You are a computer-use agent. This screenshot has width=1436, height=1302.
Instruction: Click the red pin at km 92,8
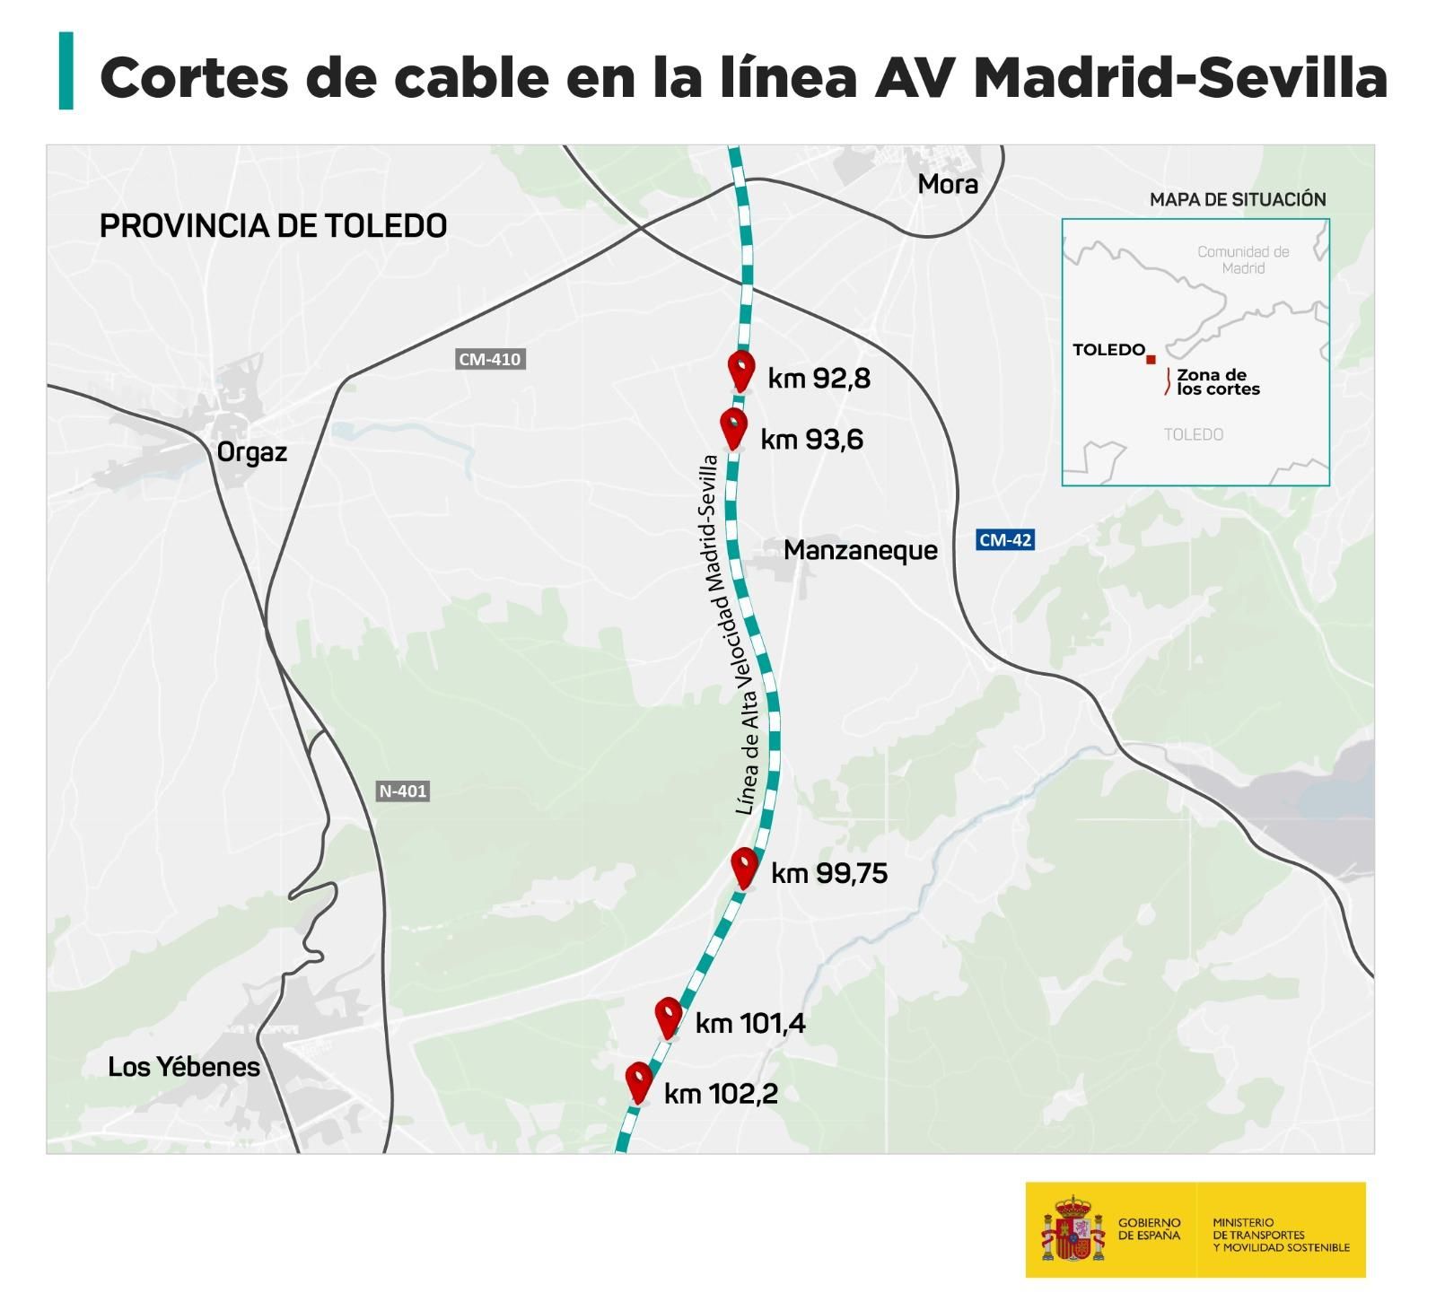pos(740,368)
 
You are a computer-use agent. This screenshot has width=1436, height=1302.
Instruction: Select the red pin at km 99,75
pos(744,865)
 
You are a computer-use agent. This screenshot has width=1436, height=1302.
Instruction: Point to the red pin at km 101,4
pos(668,1015)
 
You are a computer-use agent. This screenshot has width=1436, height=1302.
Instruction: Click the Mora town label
pos(948,185)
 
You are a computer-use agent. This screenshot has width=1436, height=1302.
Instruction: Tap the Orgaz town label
pos(252,451)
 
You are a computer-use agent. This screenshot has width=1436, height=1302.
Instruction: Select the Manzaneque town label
pos(860,550)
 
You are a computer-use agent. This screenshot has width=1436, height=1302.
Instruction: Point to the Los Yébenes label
pos(184,1067)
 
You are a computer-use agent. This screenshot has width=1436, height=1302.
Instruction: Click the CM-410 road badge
pos(489,359)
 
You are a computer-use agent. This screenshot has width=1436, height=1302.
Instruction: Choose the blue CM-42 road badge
pos(1005,540)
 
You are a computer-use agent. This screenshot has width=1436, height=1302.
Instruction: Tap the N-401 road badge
pos(402,791)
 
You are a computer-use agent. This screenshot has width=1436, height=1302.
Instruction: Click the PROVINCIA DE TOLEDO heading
pos(273,226)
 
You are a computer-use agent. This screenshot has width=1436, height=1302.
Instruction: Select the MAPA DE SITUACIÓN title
pos(1238,199)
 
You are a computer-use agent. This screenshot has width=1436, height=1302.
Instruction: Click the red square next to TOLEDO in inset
pos(1151,359)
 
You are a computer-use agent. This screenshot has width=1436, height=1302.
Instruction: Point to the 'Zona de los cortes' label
pos(1217,382)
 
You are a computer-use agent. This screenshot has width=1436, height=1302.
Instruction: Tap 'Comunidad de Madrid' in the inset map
pos(1243,259)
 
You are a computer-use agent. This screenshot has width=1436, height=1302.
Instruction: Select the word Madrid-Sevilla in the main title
pos(1180,77)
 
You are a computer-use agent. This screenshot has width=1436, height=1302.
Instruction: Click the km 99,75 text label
pos(829,873)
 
